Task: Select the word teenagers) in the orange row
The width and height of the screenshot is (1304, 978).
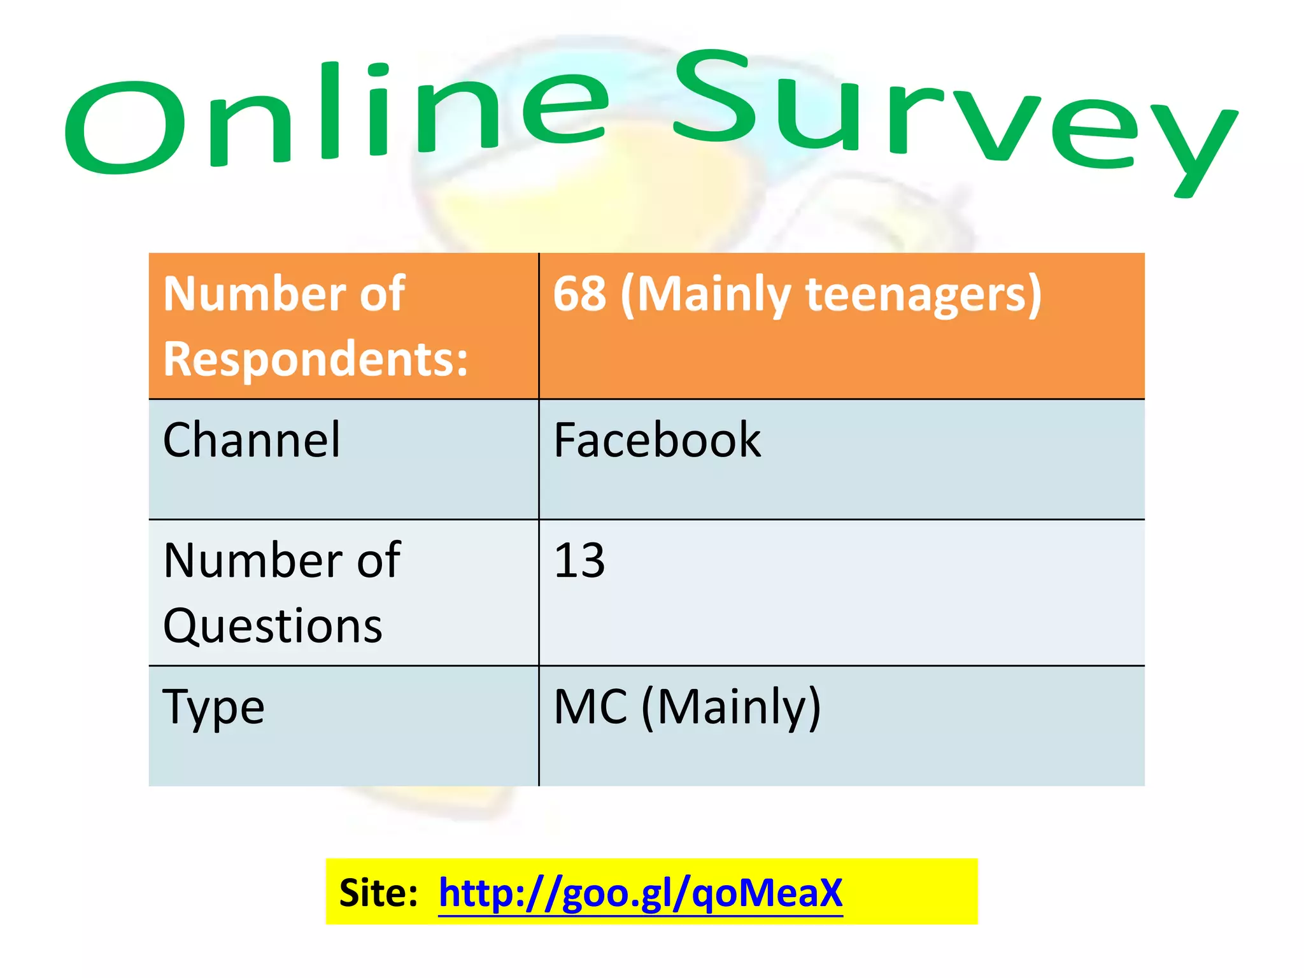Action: click(923, 295)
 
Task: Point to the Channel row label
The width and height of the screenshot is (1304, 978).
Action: click(252, 440)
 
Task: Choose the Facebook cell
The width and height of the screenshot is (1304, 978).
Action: click(657, 440)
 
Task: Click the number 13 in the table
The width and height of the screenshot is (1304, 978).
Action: click(579, 561)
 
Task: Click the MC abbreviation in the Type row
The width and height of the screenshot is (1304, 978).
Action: click(590, 707)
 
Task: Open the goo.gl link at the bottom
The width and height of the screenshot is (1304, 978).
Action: click(641, 893)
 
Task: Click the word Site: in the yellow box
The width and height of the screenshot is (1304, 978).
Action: click(378, 893)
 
